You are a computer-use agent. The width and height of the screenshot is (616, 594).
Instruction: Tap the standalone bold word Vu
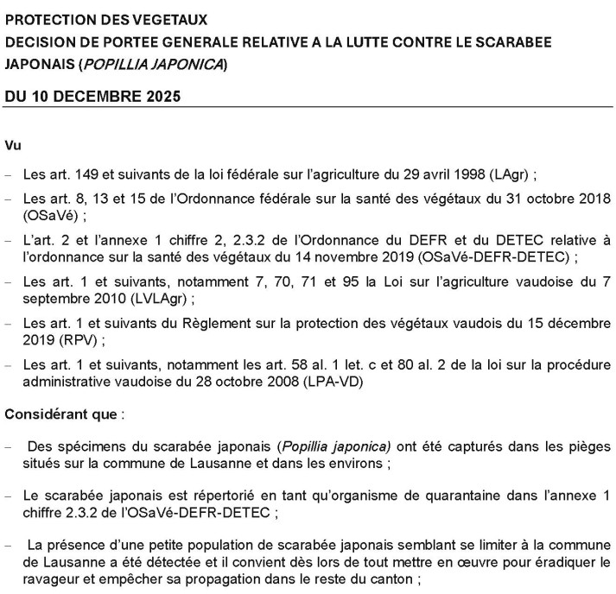click(x=13, y=145)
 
